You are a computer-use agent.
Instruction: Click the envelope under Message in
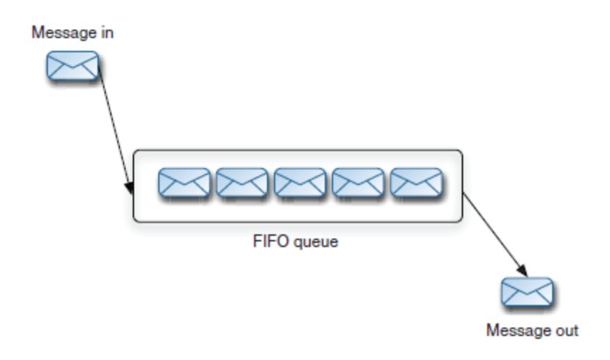pos(72,66)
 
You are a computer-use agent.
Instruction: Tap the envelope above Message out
pos(527,292)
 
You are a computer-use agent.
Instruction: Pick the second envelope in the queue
pos(242,183)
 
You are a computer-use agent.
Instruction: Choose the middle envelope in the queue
pos(300,183)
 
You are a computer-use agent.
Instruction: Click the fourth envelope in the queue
pos(358,183)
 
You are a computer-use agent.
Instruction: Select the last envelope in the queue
pos(416,183)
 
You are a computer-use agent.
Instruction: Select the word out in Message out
pos(566,329)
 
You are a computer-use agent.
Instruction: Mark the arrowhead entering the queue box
pos(130,188)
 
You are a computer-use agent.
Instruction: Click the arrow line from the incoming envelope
pos(114,127)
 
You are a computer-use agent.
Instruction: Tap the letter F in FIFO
pos(256,242)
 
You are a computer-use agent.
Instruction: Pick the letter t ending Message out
pos(575,329)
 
